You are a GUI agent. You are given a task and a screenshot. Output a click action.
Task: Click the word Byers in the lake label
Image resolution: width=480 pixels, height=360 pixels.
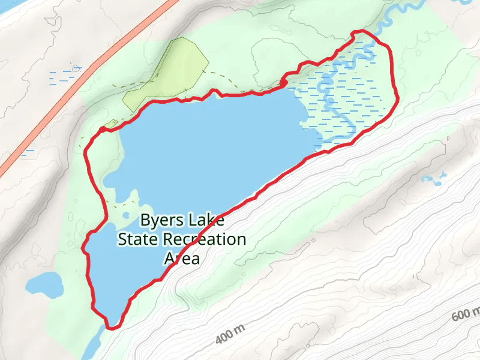point(159,220)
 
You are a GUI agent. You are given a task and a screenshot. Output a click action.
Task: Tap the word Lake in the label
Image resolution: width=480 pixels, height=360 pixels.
point(195,220)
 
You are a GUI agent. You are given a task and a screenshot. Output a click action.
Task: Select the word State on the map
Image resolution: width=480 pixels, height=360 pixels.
point(138,239)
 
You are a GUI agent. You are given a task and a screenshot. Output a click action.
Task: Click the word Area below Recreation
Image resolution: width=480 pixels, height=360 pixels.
point(182,259)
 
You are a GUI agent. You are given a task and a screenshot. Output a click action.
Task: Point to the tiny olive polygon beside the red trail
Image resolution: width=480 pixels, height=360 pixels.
point(110,124)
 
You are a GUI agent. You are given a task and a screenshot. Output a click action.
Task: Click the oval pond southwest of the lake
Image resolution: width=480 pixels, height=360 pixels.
point(44,284)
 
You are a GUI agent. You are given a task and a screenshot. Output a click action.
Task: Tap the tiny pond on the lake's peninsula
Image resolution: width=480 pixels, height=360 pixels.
point(126,215)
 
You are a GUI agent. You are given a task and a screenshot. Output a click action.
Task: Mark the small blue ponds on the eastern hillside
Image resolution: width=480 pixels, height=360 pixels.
point(434,178)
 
